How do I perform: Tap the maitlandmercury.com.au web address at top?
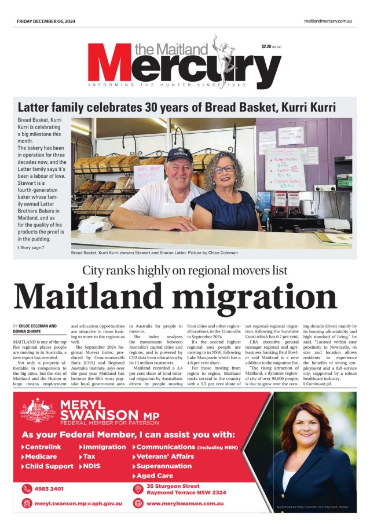328,21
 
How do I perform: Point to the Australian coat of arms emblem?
36,410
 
